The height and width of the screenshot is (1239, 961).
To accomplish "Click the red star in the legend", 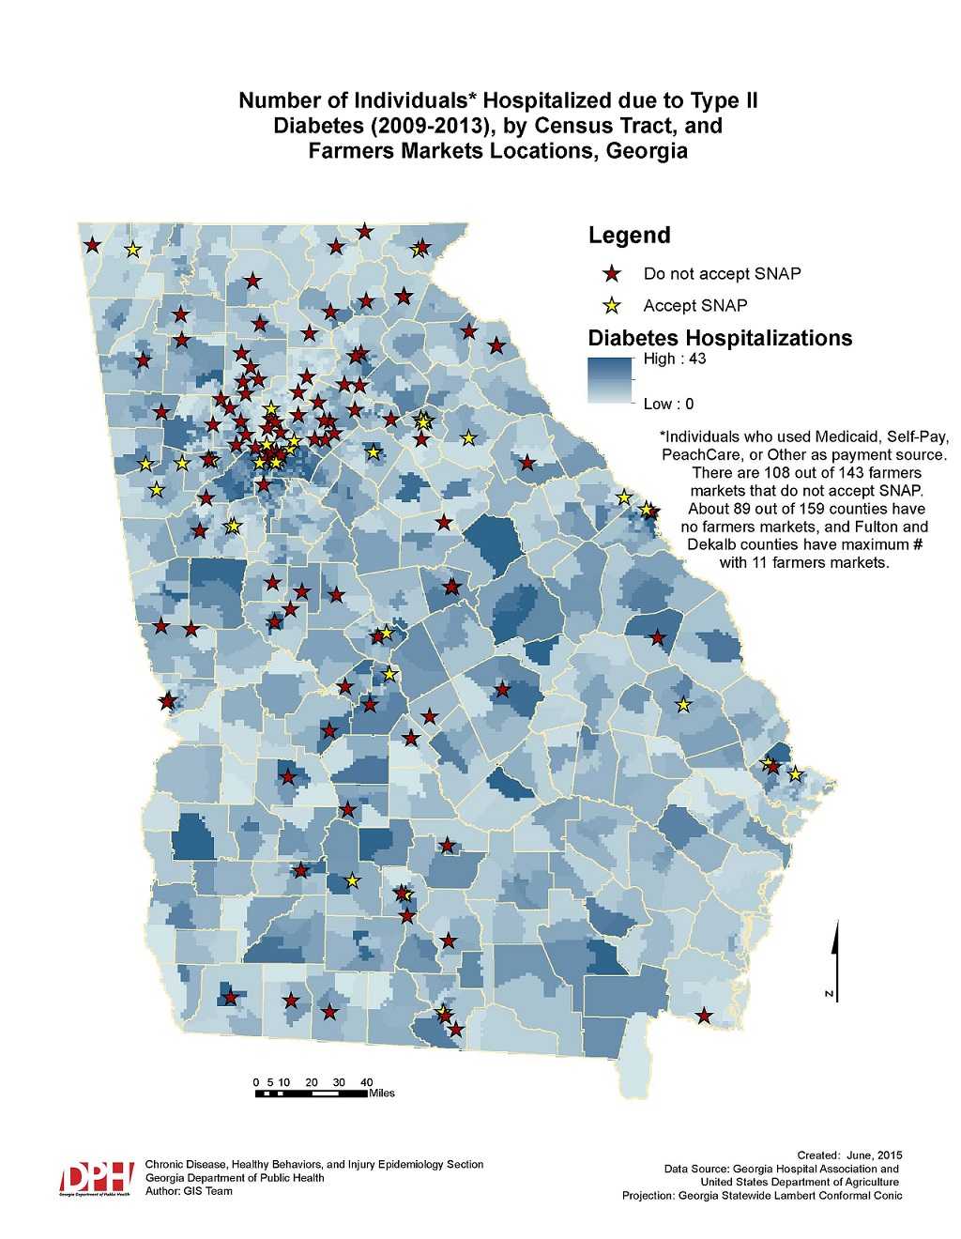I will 612,274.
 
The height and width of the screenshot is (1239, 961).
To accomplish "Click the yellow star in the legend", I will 612,305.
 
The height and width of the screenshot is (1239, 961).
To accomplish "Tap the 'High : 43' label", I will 674,359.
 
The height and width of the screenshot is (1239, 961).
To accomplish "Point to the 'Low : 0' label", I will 668,404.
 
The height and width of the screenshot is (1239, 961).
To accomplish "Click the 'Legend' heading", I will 629,235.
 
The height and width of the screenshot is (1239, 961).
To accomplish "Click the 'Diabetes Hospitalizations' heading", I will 720,337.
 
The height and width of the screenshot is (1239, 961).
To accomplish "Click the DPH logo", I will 98,1177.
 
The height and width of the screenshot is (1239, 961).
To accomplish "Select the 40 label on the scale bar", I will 367,1081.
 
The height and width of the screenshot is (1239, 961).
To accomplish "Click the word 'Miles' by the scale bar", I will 382,1094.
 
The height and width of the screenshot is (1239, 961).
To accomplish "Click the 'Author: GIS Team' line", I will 189,1191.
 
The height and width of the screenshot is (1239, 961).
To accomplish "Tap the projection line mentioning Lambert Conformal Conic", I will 762,1196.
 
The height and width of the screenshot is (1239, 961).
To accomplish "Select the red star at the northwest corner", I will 92,245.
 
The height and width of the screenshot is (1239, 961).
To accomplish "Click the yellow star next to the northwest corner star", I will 132,250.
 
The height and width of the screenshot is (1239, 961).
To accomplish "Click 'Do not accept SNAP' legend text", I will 722,274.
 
